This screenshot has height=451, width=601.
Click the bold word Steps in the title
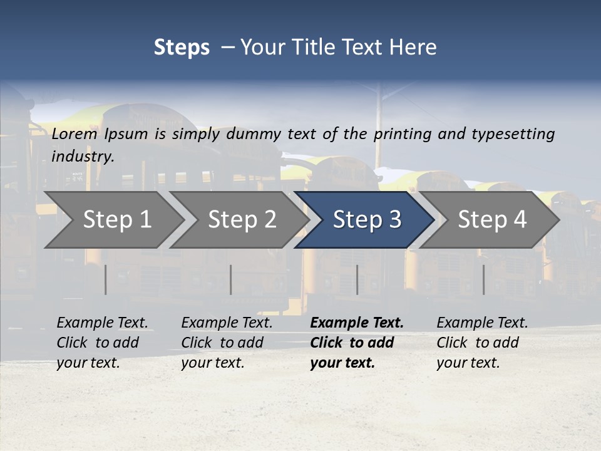[x=182, y=48]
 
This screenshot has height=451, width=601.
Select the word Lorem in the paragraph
[x=74, y=133]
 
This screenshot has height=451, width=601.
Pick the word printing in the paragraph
[x=403, y=133]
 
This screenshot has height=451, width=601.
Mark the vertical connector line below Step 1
[x=105, y=279]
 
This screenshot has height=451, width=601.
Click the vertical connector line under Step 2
[x=230, y=279]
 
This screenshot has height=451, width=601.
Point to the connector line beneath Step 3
[x=357, y=279]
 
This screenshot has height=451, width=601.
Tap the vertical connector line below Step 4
[x=483, y=279]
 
